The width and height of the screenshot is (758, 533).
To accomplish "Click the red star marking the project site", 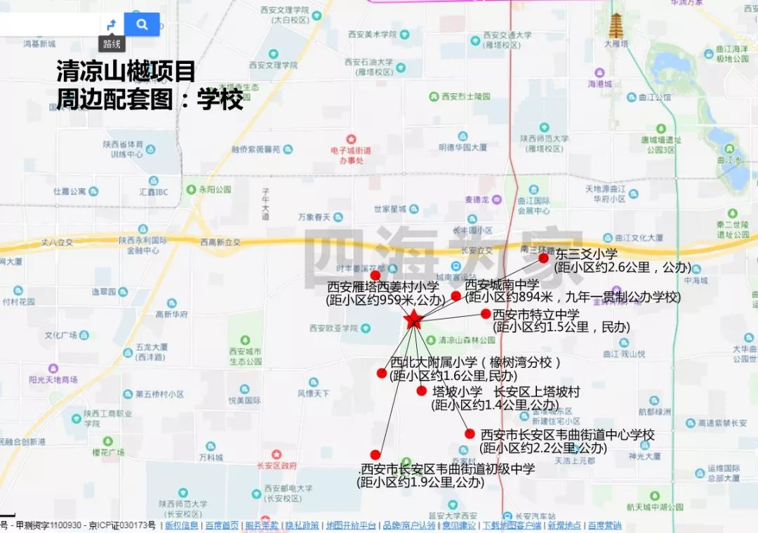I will point(413,320).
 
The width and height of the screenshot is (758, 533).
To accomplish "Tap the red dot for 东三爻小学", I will point(543,258).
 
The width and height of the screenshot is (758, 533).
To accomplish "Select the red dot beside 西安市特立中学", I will point(486,314).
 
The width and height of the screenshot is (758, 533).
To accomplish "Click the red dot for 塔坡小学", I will point(421,391).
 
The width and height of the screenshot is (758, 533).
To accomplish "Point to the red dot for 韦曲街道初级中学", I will point(375,455).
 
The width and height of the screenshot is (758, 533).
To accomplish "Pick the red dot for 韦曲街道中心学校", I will point(470,434).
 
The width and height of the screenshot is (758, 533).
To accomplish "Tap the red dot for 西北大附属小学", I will point(382,374).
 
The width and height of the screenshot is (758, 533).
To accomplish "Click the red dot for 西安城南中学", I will point(456,296).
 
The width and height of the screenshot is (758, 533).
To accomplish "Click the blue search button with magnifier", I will point(142,25).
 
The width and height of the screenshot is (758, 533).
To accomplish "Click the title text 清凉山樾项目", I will point(126,72).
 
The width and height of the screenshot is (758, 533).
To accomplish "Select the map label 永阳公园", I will point(214,189).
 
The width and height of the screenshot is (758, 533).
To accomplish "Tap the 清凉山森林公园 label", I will point(467,340).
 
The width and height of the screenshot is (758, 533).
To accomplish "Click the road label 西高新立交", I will point(220,242).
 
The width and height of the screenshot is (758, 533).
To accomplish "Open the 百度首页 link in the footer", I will point(221,525).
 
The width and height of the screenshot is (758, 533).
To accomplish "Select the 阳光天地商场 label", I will point(53,379).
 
